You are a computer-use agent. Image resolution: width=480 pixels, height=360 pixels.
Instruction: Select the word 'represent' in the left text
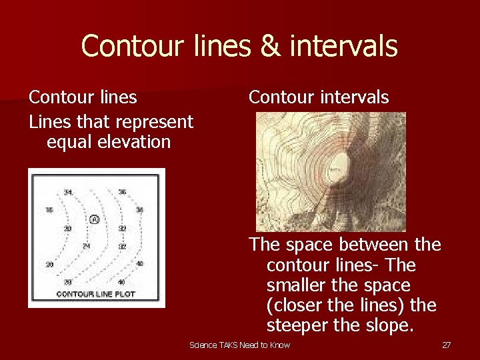156,122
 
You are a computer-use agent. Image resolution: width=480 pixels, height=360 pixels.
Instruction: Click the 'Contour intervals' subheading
318,97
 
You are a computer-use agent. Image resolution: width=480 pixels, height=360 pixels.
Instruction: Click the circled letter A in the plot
95,219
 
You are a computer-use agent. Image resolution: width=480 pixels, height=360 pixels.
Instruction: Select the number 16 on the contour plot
49,210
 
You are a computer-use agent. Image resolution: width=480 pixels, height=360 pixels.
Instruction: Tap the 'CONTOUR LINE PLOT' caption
95,294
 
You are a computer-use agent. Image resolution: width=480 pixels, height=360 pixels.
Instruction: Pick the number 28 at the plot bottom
68,282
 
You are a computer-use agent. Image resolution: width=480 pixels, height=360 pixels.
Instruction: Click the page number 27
446,345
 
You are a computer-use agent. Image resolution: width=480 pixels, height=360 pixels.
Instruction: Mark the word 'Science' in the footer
203,345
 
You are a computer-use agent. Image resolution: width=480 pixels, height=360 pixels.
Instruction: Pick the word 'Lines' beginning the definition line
49,122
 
